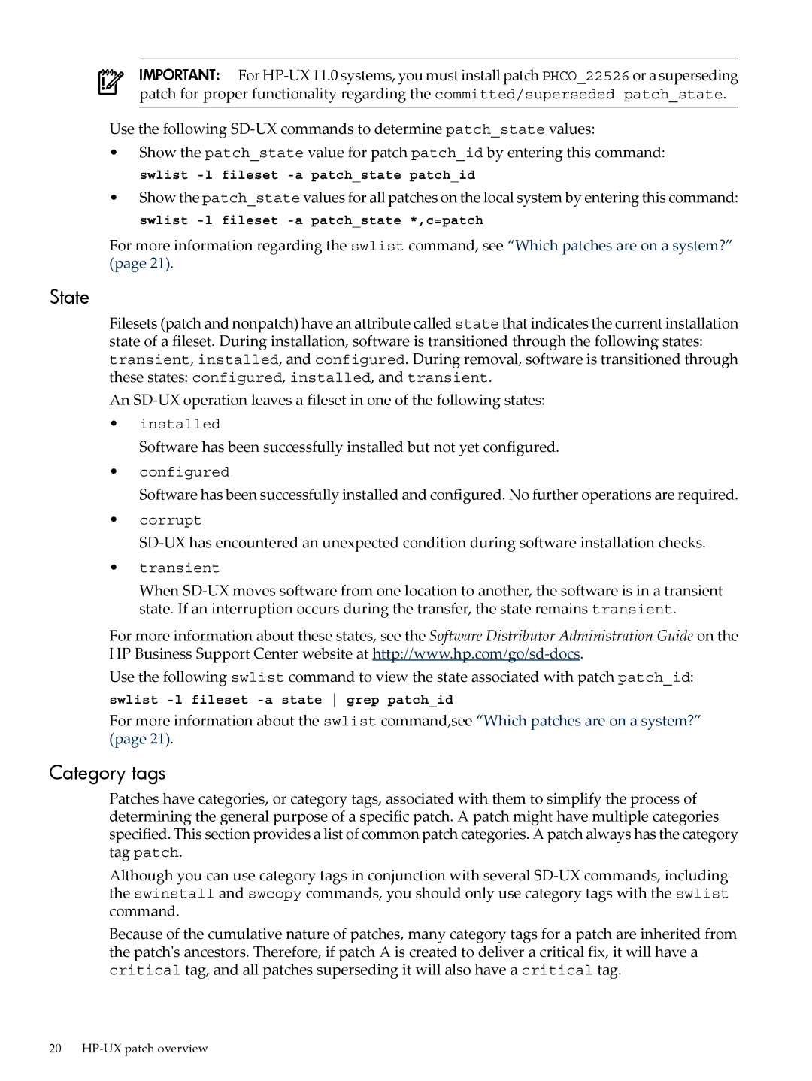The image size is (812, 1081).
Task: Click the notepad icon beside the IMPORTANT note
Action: click(111, 82)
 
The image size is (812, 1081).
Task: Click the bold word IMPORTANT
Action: click(179, 75)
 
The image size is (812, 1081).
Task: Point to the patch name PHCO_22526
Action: click(586, 76)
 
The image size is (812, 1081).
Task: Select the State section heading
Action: click(69, 298)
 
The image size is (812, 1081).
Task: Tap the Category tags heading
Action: click(108, 774)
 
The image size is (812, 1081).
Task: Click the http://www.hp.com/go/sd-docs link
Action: click(476, 654)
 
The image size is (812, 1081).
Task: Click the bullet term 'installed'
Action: click(180, 424)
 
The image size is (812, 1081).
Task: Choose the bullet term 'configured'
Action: click(184, 472)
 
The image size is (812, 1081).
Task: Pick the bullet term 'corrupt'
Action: click(170, 520)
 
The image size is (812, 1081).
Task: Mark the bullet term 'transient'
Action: click(179, 568)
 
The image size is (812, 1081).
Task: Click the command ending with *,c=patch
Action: click(311, 220)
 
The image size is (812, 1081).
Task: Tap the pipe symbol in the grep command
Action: click(334, 700)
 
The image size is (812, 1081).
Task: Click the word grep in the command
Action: click(362, 700)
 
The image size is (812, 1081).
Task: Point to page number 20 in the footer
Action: click(55, 1049)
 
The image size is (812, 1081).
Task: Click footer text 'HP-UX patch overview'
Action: click(144, 1049)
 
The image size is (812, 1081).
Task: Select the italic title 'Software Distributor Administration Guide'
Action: click(561, 636)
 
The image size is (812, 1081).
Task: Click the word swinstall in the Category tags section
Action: click(174, 894)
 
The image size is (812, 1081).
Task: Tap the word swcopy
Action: click(274, 894)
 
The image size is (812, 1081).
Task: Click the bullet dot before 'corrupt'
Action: click(114, 519)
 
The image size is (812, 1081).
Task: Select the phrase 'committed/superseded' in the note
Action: click(524, 95)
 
